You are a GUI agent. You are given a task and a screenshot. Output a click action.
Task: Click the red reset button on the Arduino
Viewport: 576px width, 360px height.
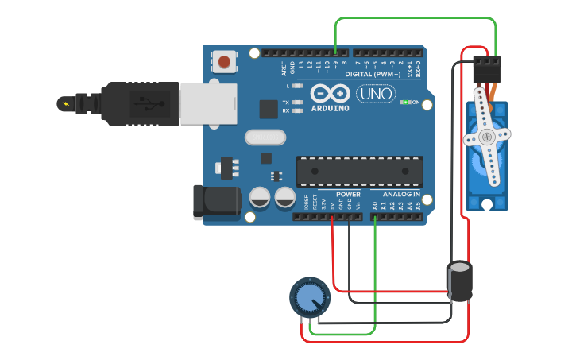tap(225, 61)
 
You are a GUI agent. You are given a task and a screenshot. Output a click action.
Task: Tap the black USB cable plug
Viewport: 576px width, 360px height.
tap(143, 103)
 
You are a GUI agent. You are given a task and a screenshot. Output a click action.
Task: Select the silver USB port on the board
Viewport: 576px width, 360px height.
tap(208, 103)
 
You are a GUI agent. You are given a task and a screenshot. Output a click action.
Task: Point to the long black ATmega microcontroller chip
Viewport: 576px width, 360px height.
tap(359, 170)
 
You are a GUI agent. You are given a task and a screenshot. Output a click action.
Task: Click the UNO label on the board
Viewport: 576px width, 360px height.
tap(376, 94)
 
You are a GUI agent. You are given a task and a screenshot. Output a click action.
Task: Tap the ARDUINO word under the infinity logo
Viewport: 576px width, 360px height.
tap(330, 108)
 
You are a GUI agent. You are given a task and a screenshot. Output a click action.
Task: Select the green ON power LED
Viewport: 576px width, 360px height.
tap(405, 103)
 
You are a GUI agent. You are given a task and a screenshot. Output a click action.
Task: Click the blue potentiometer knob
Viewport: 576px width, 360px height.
tap(308, 298)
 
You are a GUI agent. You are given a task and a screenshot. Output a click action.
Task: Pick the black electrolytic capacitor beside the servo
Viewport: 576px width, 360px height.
tap(460, 281)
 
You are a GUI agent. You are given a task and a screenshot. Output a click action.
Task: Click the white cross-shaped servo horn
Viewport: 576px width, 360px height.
tap(487, 137)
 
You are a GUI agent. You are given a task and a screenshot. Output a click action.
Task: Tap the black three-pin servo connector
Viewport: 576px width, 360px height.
tap(487, 70)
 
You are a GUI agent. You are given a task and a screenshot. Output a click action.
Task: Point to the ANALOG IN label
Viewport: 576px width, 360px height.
tap(401, 195)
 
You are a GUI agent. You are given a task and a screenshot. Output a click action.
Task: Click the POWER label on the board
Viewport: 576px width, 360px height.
tap(348, 195)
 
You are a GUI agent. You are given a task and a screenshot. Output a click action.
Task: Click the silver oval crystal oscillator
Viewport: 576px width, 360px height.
tap(265, 137)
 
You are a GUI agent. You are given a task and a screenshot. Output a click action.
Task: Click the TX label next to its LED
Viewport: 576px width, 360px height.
tap(286, 103)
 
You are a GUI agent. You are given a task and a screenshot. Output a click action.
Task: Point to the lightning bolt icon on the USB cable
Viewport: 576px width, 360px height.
tap(65, 103)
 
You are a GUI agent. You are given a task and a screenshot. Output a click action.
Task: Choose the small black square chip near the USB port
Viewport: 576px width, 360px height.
tap(269, 109)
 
